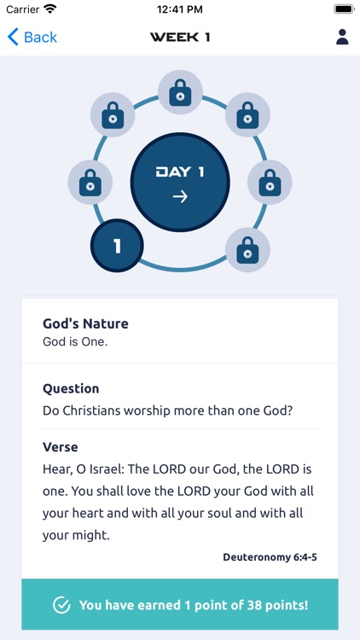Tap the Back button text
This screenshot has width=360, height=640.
40,37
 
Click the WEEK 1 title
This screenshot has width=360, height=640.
180,37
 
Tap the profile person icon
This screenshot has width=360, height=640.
342,37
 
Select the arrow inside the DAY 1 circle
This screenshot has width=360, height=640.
180,196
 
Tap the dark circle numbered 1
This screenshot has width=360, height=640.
117,246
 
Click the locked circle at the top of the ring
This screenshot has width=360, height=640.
180,93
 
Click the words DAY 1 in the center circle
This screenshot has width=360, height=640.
180,172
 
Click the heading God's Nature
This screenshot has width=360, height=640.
85,323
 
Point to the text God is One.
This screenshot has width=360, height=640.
76,341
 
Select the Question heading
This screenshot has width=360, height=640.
71,388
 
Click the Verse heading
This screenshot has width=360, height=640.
60,447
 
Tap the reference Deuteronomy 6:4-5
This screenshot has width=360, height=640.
270,557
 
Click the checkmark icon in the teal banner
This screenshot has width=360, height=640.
61,605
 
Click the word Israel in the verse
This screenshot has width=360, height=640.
110,469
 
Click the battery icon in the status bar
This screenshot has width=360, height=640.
344,9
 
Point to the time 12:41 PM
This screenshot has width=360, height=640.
180,9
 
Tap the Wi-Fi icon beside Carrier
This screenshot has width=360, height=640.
50,9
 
